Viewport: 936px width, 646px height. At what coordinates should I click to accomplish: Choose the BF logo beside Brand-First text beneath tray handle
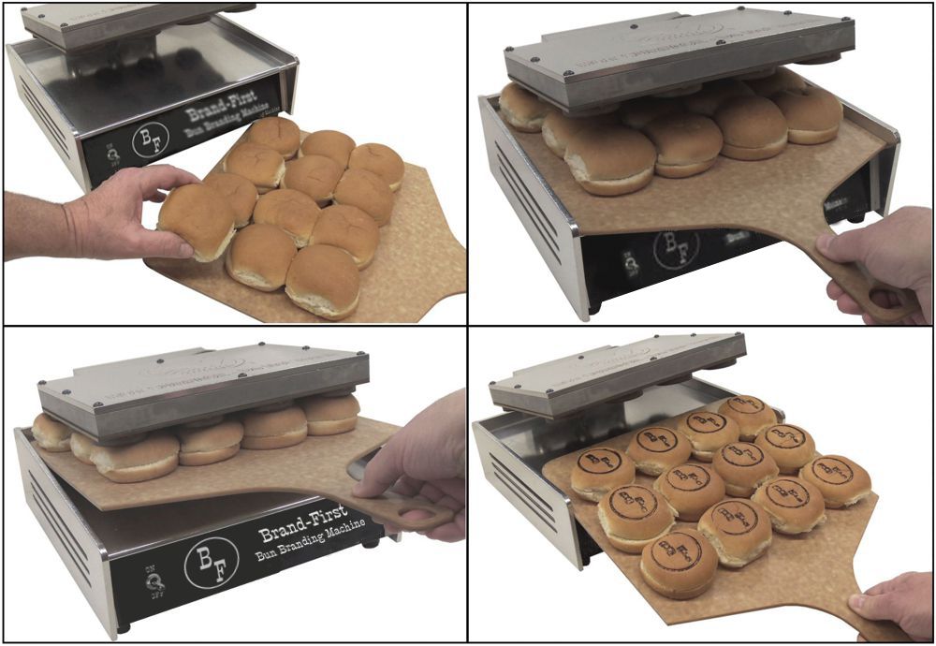coord(210,561)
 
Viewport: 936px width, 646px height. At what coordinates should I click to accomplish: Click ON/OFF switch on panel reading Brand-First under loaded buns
coord(153,583)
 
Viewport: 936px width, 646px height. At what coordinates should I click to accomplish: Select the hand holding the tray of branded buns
coord(894,609)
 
